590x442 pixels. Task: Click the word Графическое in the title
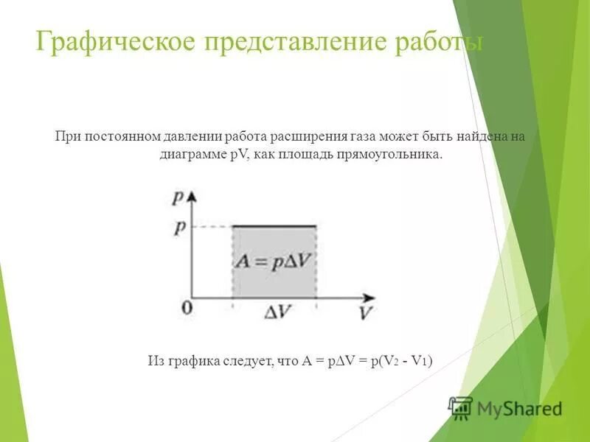(114, 41)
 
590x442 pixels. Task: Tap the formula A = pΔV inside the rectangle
(274, 259)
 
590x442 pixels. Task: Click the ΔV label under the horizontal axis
(277, 312)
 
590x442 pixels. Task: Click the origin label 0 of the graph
(186, 306)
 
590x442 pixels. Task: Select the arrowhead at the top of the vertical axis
(193, 195)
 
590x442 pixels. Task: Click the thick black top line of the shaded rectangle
(274, 226)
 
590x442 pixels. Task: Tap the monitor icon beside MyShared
(461, 407)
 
